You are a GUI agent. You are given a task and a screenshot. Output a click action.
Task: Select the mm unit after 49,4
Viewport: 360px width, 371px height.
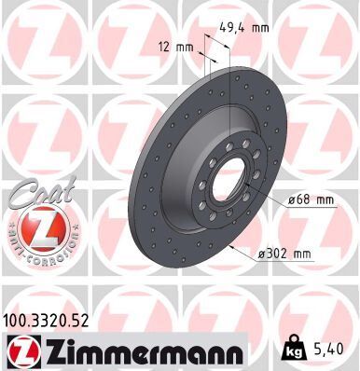(261, 27)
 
